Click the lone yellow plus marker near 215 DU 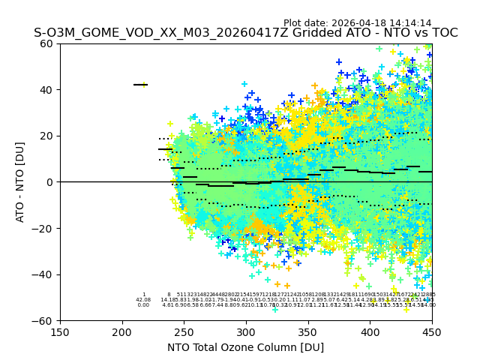click(145, 84)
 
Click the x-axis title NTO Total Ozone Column click(245, 347)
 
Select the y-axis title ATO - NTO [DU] click(20, 182)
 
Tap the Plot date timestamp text click(357, 23)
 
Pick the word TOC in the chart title click(442, 33)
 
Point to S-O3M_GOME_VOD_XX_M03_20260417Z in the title click(138, 33)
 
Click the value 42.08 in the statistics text click(143, 300)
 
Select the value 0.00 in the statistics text click(143, 305)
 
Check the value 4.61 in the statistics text click(168, 305)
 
